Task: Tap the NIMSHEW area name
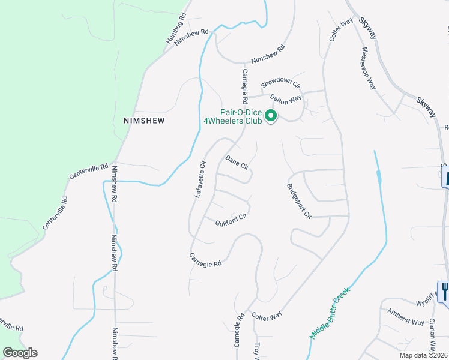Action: coord(143,120)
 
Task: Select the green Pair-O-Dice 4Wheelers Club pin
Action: coord(271,116)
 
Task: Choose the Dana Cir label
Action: coord(237,163)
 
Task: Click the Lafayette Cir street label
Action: coord(200,178)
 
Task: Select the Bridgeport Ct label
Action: coord(299,201)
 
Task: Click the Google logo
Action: coord(20,353)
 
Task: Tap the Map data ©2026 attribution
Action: coord(423,355)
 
